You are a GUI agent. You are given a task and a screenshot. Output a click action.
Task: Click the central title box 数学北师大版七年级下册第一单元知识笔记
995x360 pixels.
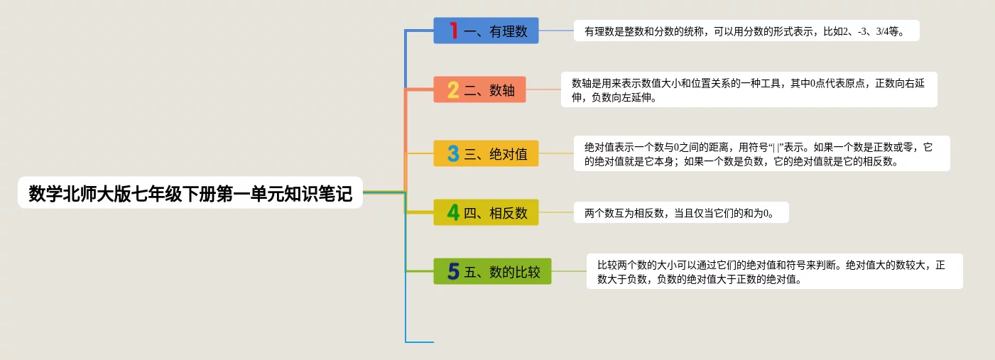[190, 192]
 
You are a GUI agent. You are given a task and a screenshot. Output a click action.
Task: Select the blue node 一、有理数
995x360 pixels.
[486, 31]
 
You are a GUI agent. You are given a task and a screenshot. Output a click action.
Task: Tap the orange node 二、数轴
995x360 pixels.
[479, 89]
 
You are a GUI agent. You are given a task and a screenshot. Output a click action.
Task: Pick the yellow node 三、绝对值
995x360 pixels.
[486, 153]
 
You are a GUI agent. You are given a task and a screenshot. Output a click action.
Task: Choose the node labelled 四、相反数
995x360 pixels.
[486, 212]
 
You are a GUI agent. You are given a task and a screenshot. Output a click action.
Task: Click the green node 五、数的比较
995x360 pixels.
[492, 271]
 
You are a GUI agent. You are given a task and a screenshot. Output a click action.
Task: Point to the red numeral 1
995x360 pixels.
[454, 31]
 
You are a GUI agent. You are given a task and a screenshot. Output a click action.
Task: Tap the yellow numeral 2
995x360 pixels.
[453, 89]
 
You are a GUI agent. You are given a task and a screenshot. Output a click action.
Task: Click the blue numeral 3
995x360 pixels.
[453, 153]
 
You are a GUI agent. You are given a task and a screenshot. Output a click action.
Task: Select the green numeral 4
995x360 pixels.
[453, 212]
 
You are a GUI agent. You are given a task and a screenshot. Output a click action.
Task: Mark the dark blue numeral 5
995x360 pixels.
[453, 271]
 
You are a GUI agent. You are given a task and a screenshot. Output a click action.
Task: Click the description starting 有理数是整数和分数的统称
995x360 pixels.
[746, 31]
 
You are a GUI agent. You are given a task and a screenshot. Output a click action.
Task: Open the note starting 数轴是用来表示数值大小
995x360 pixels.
[749, 89]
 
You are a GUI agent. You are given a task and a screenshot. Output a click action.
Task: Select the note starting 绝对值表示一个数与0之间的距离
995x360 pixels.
[762, 153]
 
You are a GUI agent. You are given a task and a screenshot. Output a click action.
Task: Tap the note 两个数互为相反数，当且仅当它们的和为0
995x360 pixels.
[681, 212]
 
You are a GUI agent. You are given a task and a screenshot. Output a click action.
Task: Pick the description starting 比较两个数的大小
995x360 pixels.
[775, 271]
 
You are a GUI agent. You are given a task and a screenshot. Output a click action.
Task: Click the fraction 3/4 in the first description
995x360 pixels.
[882, 31]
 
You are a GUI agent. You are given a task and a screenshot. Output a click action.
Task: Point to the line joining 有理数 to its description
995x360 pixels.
[556, 31]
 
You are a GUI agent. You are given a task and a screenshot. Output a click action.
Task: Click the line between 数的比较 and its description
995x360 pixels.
[569, 271]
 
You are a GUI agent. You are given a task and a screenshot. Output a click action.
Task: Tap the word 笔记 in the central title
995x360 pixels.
[336, 193]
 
